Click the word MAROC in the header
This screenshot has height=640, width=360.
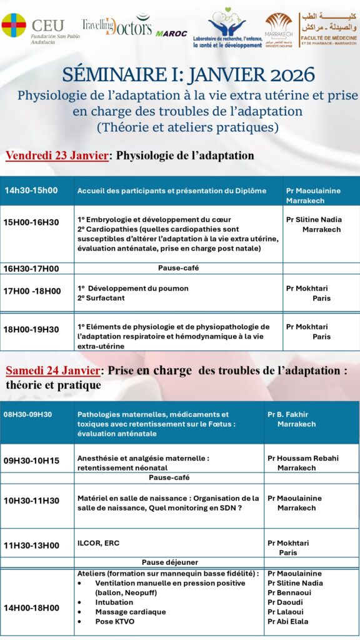(x=171, y=33)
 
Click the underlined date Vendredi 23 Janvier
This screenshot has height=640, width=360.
(x=57, y=156)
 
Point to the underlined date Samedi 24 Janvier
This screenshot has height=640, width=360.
(x=52, y=371)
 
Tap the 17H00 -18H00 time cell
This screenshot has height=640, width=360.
(x=32, y=291)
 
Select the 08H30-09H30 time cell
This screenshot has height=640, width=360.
(x=28, y=414)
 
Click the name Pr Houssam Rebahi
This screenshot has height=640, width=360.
(x=303, y=458)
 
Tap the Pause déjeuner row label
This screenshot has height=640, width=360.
(x=169, y=562)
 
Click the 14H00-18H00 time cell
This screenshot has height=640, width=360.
(x=31, y=607)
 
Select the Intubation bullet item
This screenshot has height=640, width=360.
(x=114, y=602)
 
